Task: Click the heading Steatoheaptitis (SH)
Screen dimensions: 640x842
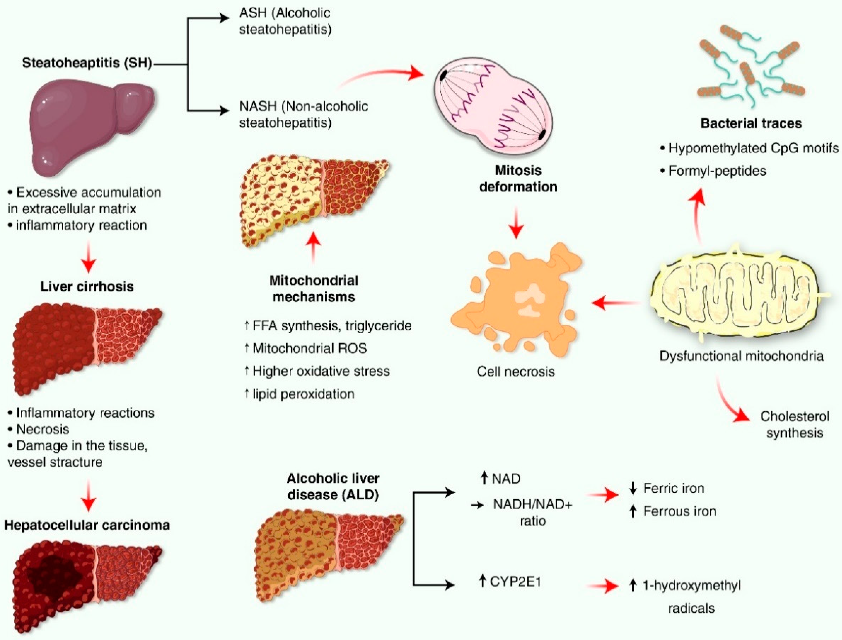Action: [87, 63]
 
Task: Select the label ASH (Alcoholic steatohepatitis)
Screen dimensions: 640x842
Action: [285, 21]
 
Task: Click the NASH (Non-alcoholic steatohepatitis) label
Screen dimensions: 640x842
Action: [303, 114]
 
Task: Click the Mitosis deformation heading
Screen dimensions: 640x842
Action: [518, 179]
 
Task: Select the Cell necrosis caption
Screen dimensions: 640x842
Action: [515, 371]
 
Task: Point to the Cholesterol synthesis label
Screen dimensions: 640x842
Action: [795, 424]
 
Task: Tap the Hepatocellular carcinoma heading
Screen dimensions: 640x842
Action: [87, 525]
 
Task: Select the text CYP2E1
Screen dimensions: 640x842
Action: [515, 582]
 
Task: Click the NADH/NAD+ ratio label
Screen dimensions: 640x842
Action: [533, 512]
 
